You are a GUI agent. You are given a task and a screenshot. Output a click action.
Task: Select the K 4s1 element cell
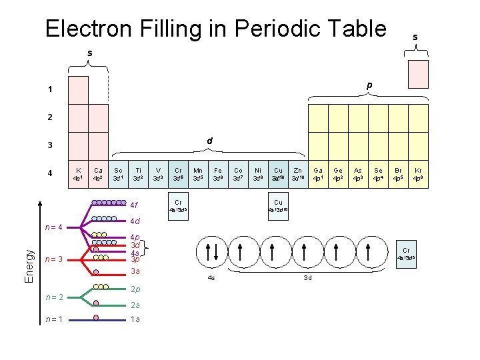point(79,174)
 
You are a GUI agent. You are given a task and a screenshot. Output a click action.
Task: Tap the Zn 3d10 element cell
point(297,174)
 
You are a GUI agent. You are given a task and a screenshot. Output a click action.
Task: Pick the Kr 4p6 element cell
point(418,174)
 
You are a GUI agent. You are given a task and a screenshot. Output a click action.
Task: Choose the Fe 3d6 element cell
point(218,174)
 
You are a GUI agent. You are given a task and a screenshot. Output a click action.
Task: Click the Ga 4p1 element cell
point(318,174)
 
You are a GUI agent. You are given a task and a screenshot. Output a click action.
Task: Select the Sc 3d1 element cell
point(118,174)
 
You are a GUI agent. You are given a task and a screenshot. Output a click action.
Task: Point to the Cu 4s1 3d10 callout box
point(278,205)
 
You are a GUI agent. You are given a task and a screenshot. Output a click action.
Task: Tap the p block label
point(368,86)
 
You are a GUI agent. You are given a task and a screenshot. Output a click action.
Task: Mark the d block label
point(209,141)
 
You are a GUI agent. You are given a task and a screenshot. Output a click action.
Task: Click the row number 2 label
point(49,117)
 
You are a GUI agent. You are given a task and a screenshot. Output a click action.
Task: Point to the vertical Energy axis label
point(29,265)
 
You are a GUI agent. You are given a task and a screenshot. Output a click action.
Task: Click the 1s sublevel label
point(135,319)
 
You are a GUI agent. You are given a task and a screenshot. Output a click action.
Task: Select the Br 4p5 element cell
point(398,174)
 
